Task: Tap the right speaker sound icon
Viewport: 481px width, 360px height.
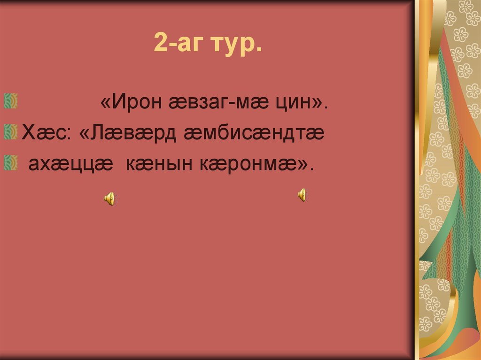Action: click(302, 194)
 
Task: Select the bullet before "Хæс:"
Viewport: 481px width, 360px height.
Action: click(11, 131)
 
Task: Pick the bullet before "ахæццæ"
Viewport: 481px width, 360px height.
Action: click(11, 162)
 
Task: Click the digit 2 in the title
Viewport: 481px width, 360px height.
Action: click(159, 44)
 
